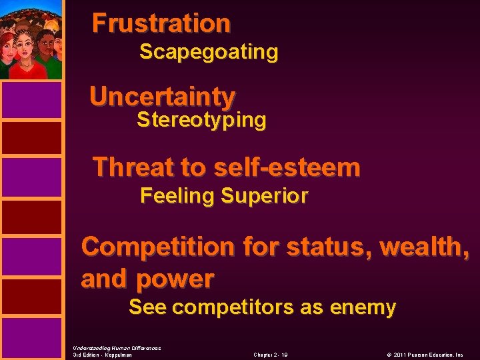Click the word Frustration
(x=161, y=23)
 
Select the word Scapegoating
(x=209, y=52)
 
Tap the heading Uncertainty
(x=162, y=97)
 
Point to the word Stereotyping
(x=201, y=121)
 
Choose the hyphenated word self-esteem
(x=287, y=167)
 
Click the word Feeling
(x=178, y=196)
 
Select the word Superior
(x=265, y=196)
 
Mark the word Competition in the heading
(x=158, y=247)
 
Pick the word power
(x=175, y=279)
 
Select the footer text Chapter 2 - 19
(x=271, y=355)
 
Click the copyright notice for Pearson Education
(x=423, y=355)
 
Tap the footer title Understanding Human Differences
(x=117, y=347)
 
